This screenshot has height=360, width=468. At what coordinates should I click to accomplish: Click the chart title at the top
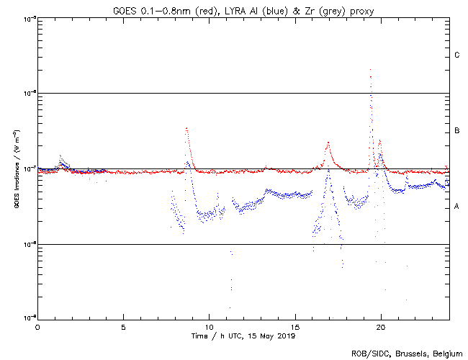coord(243,9)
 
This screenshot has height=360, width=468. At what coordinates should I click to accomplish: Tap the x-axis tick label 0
coord(37,327)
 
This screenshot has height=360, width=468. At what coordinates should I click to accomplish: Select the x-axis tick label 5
coord(123,327)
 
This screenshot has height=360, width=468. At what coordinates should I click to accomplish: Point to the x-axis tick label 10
coord(209,327)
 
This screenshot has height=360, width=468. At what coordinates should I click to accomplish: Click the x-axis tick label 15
coord(295,327)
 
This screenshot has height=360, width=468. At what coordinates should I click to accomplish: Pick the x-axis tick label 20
coord(381,327)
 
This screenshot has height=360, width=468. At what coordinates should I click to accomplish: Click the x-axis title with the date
coord(243,336)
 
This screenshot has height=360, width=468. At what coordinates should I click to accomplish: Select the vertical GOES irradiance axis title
coord(17,169)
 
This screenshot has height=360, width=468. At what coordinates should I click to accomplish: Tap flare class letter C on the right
coord(457,55)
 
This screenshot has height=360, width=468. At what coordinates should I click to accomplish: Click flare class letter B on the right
coord(457,131)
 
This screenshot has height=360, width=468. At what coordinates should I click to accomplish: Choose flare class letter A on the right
coord(457,207)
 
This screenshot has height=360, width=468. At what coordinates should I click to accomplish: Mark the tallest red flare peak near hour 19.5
coord(370,70)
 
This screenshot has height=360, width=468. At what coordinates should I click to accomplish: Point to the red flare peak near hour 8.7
coord(186,128)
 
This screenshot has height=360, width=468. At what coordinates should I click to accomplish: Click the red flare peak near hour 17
coord(328,143)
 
